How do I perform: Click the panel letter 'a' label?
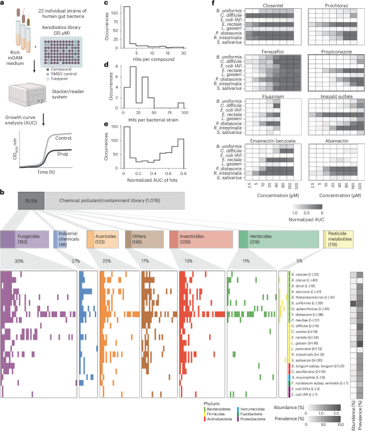point(3,4)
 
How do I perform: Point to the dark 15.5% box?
point(30,199)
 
